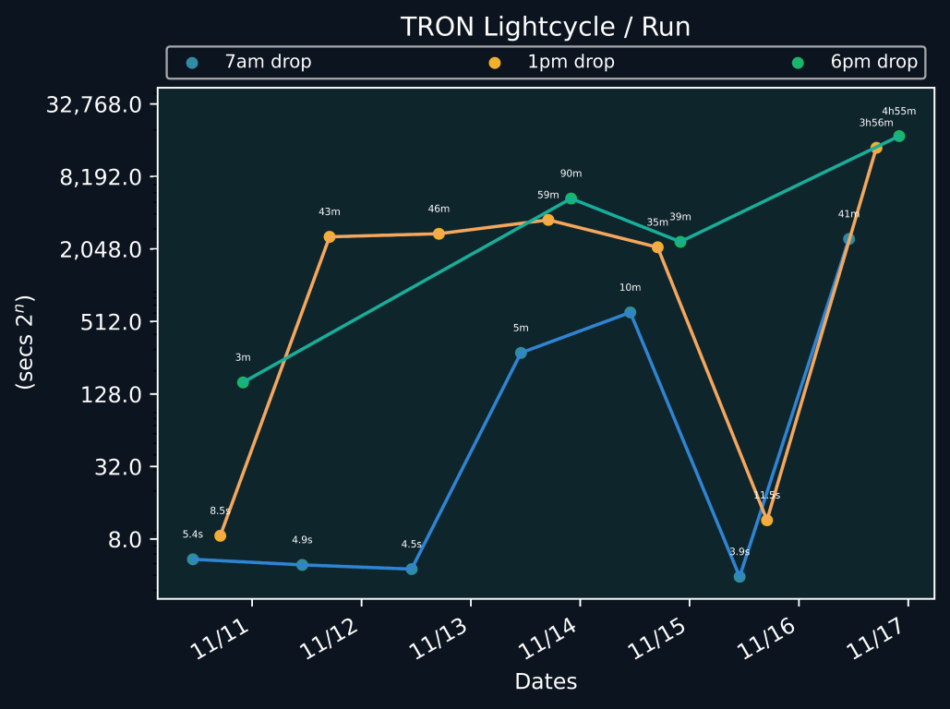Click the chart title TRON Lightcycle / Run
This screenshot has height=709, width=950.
pos(545,27)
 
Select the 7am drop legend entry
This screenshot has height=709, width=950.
pos(268,63)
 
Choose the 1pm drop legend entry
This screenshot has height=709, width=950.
pos(571,63)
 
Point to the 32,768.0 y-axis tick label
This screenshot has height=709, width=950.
pos(93,104)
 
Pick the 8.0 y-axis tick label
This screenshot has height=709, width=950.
pos(126,540)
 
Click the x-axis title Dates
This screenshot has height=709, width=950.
pos(546,682)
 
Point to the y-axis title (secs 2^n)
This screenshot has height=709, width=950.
pos(27,342)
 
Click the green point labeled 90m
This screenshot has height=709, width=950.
pos(571,198)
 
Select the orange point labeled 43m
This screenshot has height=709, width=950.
pos(330,237)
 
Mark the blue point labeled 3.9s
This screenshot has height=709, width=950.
pos(740,577)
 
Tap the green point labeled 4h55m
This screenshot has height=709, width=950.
pos(899,137)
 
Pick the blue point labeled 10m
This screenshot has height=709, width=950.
pos(630,313)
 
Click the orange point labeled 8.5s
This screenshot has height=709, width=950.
pos(220,536)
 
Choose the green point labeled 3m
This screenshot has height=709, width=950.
pos(243,382)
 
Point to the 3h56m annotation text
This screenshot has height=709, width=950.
pos(876,123)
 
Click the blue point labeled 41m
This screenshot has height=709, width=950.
pos(848,239)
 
